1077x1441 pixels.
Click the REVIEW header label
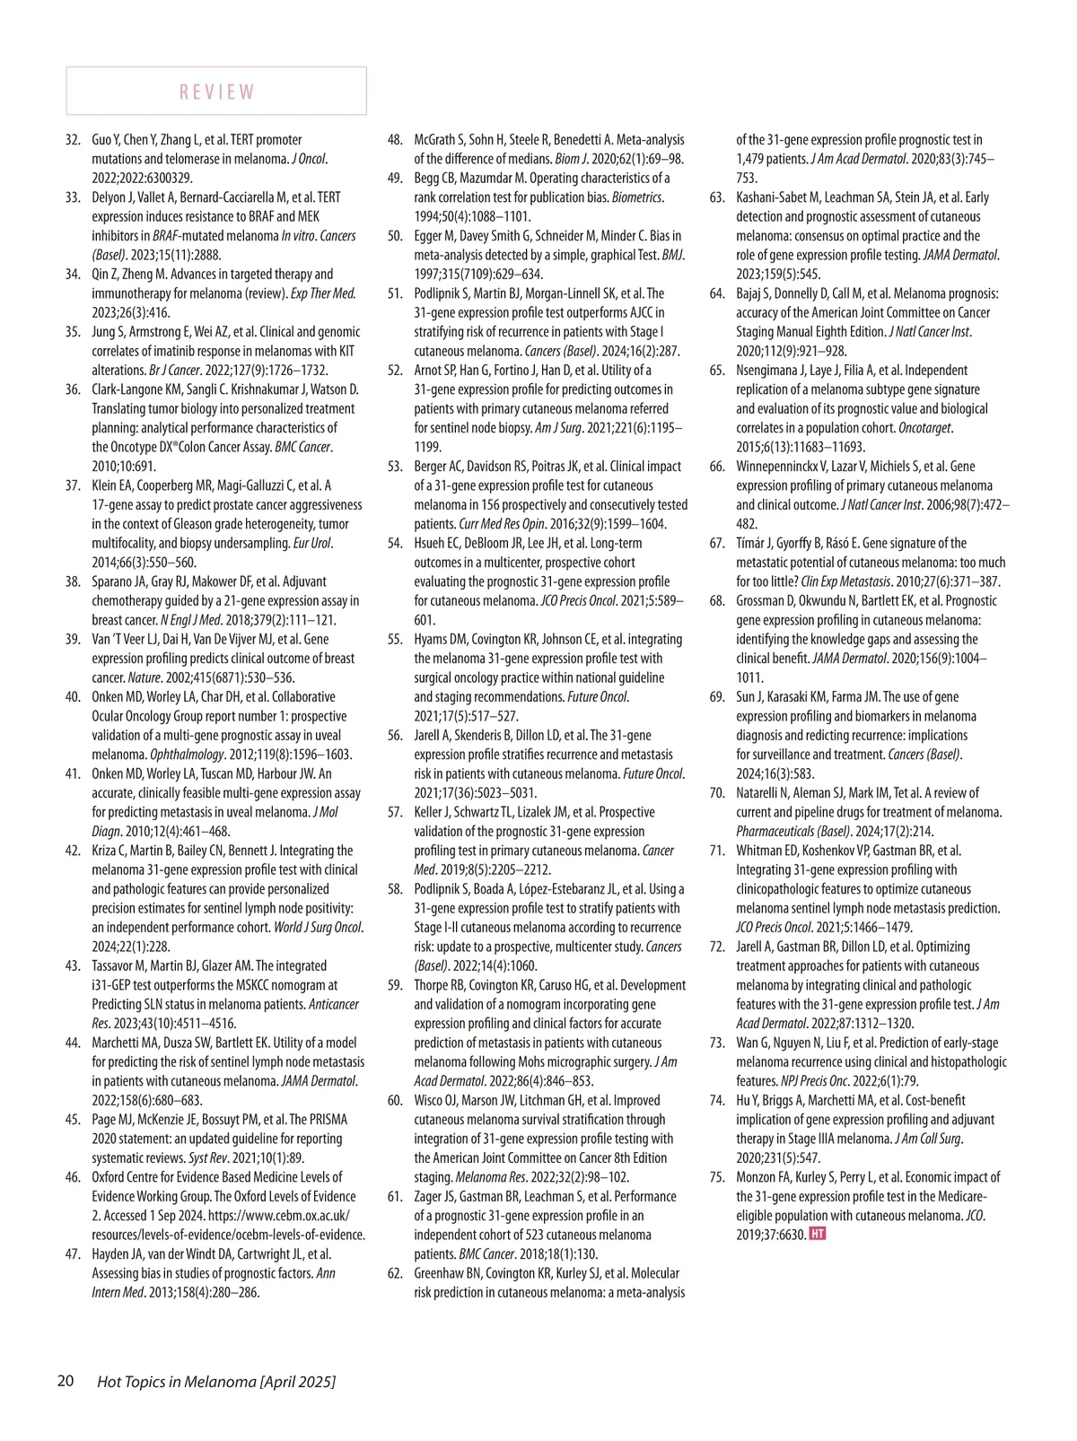point(217,92)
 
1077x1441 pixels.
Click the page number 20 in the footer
point(66,1381)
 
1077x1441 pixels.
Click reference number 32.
point(73,140)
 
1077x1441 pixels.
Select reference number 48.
point(395,140)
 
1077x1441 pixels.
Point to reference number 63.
point(717,197)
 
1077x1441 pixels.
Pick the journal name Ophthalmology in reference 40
point(186,755)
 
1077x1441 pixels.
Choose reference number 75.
point(717,1177)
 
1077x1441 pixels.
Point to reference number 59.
point(395,985)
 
